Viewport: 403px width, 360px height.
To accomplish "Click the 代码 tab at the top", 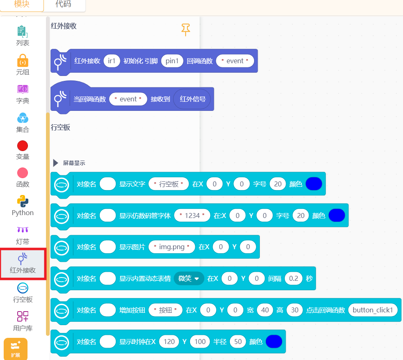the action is coord(63,4).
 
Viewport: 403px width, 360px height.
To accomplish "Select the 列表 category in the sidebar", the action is coord(23,36).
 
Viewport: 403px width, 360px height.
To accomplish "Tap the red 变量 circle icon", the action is coord(23,146).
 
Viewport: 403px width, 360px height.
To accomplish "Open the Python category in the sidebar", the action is coord(23,206).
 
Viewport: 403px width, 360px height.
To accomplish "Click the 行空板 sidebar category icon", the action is coord(23,288).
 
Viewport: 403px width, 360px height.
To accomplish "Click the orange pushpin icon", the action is coord(185,30).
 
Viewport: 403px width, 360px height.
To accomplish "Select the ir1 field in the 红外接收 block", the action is coord(112,61).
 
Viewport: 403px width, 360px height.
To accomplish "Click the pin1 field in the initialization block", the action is coord(172,61).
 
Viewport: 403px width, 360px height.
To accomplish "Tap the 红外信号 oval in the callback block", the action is coord(192,99).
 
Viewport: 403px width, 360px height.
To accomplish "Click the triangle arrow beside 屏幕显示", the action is coord(55,163).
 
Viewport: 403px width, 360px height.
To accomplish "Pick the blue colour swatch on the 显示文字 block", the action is coord(314,184).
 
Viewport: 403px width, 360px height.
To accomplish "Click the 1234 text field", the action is coord(192,216).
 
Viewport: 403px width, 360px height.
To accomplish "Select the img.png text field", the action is coord(172,247).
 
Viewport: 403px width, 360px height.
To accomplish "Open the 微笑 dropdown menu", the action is coord(189,278).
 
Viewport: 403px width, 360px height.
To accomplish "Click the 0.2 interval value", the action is coord(293,278).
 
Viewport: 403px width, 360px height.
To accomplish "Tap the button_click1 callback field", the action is coord(373,310).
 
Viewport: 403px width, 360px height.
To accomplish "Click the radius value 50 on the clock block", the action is coord(238,342).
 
